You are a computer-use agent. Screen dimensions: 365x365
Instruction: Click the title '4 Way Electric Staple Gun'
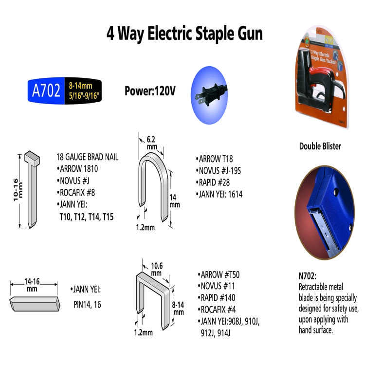click(185, 34)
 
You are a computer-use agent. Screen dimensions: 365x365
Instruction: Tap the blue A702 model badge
click(46, 91)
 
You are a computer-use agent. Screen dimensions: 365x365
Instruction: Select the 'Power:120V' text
click(149, 91)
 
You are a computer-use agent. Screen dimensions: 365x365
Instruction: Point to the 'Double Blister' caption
click(320, 146)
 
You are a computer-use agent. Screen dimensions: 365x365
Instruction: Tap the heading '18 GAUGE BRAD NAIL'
click(88, 157)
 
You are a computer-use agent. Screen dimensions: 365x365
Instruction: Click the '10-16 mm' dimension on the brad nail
click(17, 189)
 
